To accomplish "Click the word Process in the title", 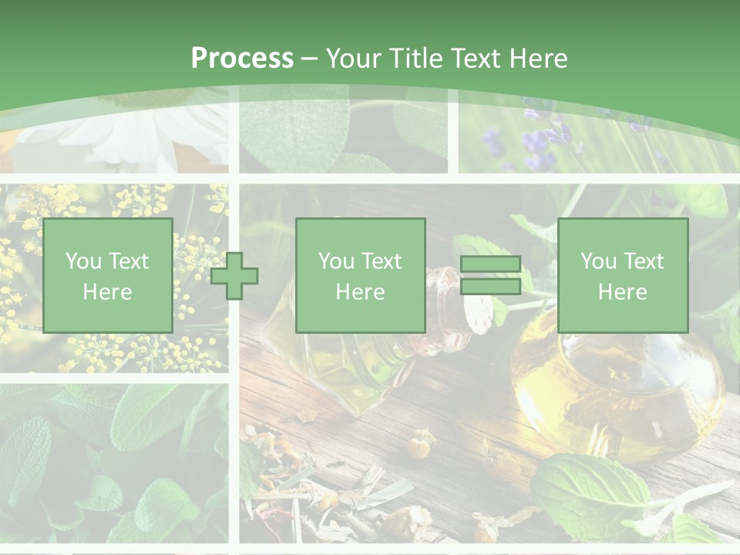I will click(x=242, y=59).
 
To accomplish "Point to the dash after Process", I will click(x=309, y=59).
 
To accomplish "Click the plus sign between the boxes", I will click(x=234, y=276).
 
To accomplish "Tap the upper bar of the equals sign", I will click(x=490, y=264).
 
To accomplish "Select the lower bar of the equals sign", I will click(x=490, y=287).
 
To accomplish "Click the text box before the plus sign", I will click(x=107, y=276).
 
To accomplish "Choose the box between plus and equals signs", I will click(x=360, y=276).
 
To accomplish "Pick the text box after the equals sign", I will click(x=622, y=276).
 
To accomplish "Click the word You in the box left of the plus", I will click(x=82, y=261).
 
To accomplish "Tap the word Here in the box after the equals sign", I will click(x=622, y=292).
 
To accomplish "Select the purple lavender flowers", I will click(x=540, y=143).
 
